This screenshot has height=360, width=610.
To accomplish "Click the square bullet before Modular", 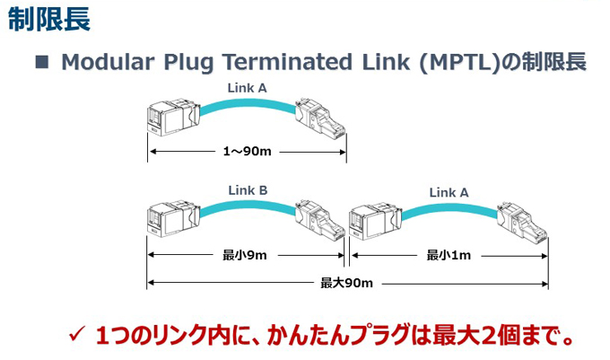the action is tap(42, 62).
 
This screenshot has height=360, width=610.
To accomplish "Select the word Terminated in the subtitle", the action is tap(287, 61).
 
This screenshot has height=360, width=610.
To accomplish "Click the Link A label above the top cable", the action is tap(247, 88).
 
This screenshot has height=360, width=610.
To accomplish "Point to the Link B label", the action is tap(248, 190).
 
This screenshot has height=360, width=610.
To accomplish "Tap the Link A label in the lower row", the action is tap(449, 192).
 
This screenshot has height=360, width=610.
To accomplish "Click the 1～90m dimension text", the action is tap(247, 151).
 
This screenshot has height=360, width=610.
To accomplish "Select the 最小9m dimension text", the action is tap(245, 255).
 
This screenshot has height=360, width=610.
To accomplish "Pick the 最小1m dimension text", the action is tap(449, 255).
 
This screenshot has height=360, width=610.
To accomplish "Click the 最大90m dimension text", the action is tap(346, 283).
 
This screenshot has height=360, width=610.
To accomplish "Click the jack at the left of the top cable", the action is tap(173, 116).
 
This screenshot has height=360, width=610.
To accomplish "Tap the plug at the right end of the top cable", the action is tap(320, 117).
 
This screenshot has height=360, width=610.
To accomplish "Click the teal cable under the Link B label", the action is tap(248, 205).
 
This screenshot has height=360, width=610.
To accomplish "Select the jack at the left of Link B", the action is tap(173, 218).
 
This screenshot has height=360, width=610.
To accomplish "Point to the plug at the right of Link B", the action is tap(319, 220).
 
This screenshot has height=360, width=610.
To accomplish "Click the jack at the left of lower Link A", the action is tap(375, 221).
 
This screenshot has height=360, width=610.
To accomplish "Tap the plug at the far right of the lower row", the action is tap(522, 221).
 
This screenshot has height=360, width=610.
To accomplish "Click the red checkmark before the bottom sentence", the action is tap(76, 334).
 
